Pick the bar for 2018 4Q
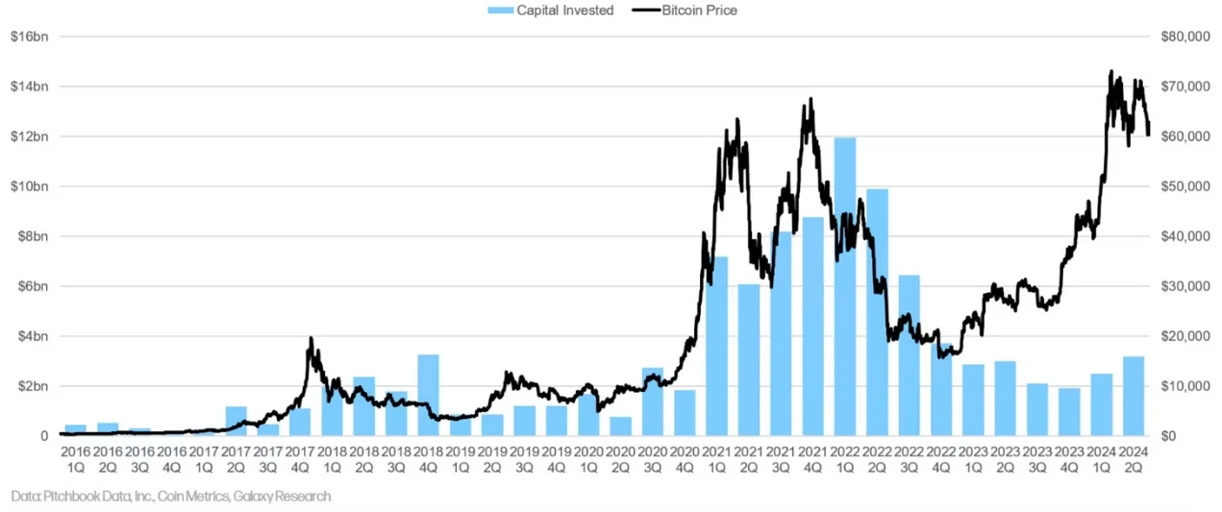click(428, 395)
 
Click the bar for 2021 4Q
click(813, 327)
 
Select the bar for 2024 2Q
click(1134, 396)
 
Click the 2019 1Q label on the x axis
click(461, 457)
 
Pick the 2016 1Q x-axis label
click(76, 457)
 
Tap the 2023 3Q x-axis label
click(1037, 457)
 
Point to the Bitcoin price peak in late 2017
click(311, 338)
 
